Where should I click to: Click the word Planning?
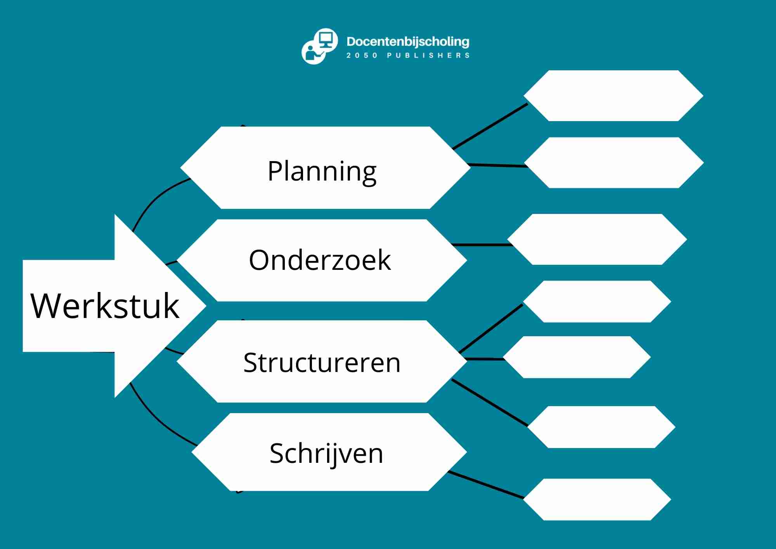click(x=322, y=171)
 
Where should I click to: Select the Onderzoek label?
click(x=320, y=260)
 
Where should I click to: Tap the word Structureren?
click(x=322, y=363)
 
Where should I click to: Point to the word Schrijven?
click(x=326, y=453)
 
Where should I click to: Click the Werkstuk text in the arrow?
click(x=105, y=306)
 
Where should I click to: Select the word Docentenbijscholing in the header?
click(x=408, y=41)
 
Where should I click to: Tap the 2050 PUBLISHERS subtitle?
click(x=408, y=56)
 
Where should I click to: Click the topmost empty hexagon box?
click(x=613, y=96)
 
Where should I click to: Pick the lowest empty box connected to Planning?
click(x=613, y=163)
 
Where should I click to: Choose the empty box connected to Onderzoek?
click(x=597, y=239)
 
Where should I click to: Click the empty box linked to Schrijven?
click(x=597, y=499)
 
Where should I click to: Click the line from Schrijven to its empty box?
click(x=486, y=485)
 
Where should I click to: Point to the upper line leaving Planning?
click(x=490, y=127)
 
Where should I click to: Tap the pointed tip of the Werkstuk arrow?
click(x=203, y=306)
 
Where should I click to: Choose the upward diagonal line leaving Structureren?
click(x=491, y=328)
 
